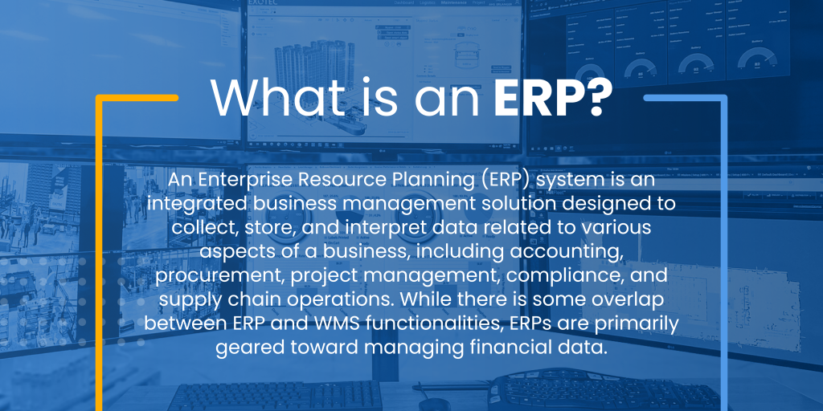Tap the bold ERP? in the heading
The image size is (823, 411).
[x=553, y=99]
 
